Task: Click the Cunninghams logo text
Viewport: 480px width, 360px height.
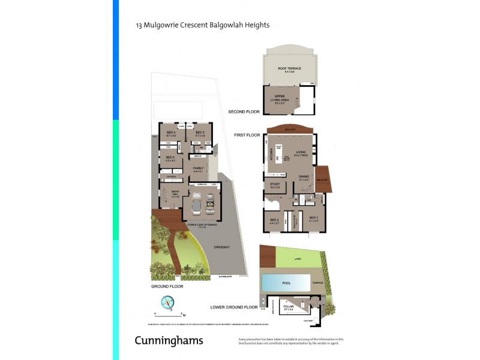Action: click(168, 341)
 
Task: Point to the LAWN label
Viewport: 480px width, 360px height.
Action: click(297, 259)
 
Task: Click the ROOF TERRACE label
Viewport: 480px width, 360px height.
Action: click(289, 69)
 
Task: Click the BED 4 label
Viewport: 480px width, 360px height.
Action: click(171, 133)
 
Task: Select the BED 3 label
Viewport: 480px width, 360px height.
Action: click(200, 133)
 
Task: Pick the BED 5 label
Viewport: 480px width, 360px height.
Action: click(170, 158)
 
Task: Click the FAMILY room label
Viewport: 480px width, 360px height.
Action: click(198, 168)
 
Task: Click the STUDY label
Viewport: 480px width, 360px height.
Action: click(275, 184)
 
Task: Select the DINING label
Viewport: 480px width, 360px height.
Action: click(304, 176)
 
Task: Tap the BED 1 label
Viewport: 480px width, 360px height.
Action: click(312, 218)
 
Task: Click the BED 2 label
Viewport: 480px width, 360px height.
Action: click(274, 220)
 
